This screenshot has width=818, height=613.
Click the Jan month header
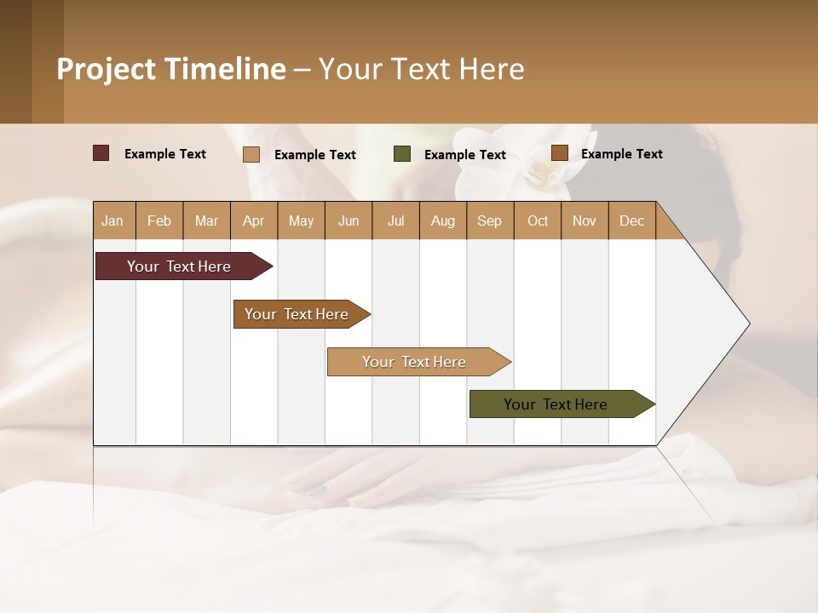click(112, 221)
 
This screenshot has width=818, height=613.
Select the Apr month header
click(253, 221)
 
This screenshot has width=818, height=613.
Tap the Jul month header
click(395, 221)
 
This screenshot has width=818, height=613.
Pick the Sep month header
click(489, 221)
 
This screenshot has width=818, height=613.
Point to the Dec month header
click(631, 221)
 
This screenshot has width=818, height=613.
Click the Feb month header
click(159, 221)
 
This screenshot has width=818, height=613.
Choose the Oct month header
click(538, 221)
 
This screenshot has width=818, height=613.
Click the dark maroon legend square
click(101, 153)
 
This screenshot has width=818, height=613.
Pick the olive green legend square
click(402, 154)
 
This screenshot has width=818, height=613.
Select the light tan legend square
click(251, 154)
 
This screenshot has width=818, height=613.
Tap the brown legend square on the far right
click(559, 153)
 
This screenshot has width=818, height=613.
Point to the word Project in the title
click(106, 69)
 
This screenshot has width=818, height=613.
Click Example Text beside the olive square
click(465, 155)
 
